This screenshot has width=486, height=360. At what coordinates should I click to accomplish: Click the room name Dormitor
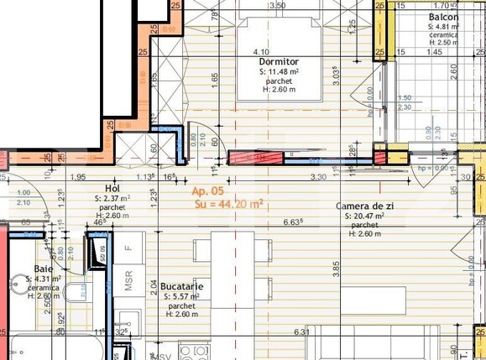(280, 61)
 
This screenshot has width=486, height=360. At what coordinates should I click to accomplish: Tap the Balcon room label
(442, 17)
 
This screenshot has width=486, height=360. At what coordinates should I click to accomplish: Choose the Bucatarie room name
(181, 287)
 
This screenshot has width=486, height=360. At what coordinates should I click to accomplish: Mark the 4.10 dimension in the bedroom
(260, 51)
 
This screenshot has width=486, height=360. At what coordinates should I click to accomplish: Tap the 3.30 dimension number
(318, 177)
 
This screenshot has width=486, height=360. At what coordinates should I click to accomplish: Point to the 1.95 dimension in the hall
(78, 177)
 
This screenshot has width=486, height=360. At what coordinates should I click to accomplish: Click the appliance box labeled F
(128, 248)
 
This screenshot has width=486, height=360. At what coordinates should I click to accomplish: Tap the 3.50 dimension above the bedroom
(277, 5)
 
